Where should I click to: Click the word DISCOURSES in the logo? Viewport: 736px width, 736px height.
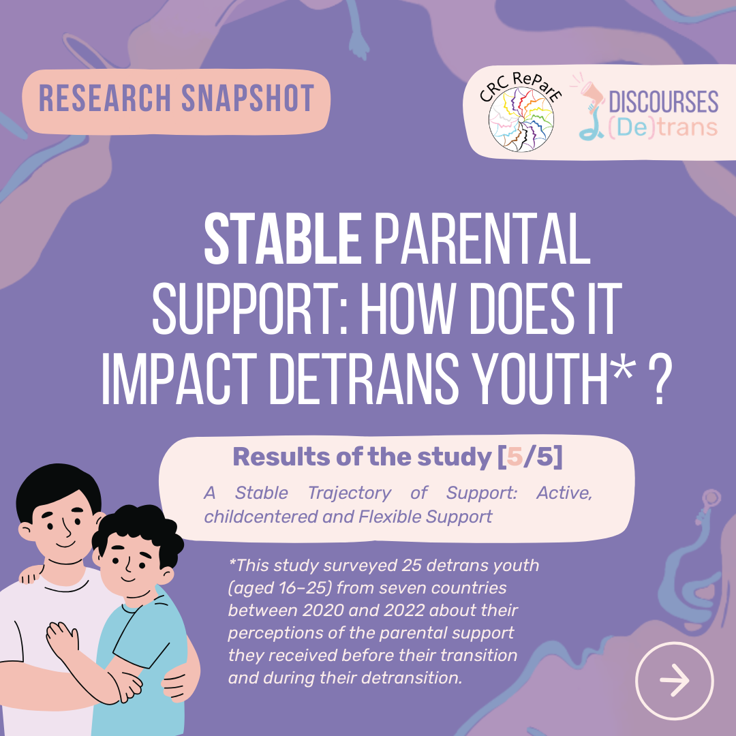[x=663, y=102]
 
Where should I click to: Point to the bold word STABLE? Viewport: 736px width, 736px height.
[x=283, y=239]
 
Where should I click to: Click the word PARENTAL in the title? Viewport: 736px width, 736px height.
[x=482, y=239]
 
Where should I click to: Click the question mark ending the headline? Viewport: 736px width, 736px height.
[x=660, y=381]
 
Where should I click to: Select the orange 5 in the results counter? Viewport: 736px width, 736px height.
[x=515, y=457]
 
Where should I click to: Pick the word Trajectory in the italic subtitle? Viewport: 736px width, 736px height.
[x=349, y=493]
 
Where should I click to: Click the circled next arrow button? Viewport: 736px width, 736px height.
[x=674, y=680]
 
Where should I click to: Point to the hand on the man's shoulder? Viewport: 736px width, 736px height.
[x=31, y=574]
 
